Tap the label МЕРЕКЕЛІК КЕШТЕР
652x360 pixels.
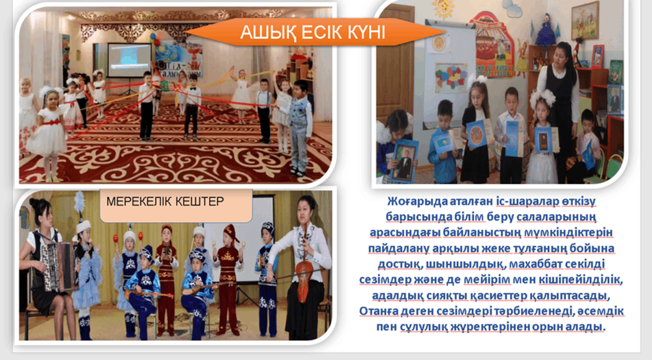[x=165, y=202]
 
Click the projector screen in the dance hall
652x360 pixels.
[x=129, y=60]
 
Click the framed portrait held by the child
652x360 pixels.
[x=403, y=161]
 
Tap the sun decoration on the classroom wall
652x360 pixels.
[x=444, y=8]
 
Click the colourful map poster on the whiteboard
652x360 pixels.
[x=451, y=77]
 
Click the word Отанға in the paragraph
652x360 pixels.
[x=378, y=311]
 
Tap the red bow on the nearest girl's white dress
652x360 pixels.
[x=52, y=122]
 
